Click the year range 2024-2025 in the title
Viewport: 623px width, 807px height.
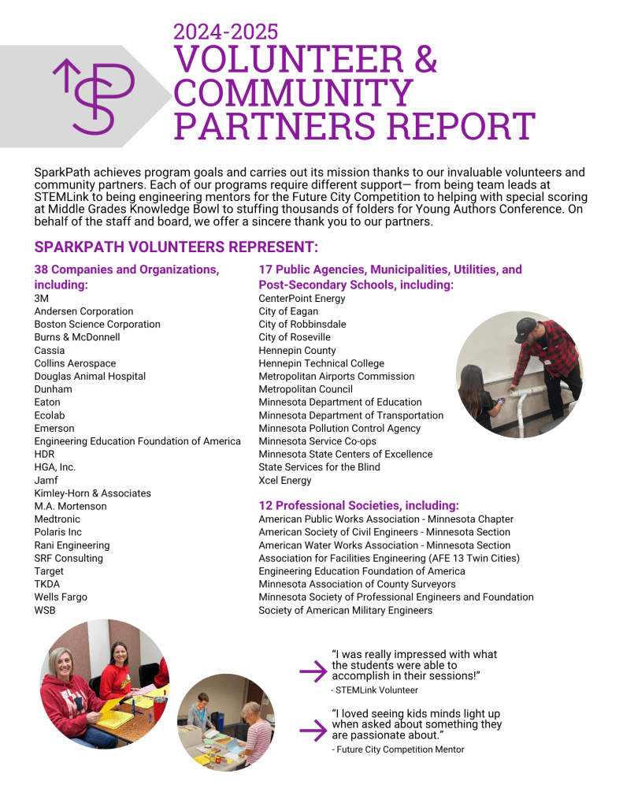click(x=225, y=32)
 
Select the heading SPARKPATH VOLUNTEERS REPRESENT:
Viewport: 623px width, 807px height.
click(x=176, y=247)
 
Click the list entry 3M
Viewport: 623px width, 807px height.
click(x=42, y=299)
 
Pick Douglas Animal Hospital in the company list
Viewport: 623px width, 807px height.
click(x=90, y=376)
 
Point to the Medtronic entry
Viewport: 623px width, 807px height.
click(x=57, y=519)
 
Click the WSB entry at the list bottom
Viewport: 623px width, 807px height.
click(x=45, y=610)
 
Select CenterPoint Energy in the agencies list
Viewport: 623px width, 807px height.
click(x=302, y=299)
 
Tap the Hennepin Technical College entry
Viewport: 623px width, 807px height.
click(x=321, y=363)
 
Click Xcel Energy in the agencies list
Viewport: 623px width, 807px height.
click(x=285, y=480)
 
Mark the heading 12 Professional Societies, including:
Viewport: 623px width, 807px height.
click(x=358, y=505)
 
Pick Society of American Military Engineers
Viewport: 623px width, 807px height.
click(x=345, y=610)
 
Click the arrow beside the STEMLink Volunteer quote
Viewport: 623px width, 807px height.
click(x=313, y=671)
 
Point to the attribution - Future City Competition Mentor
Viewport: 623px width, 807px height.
click(x=398, y=749)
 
